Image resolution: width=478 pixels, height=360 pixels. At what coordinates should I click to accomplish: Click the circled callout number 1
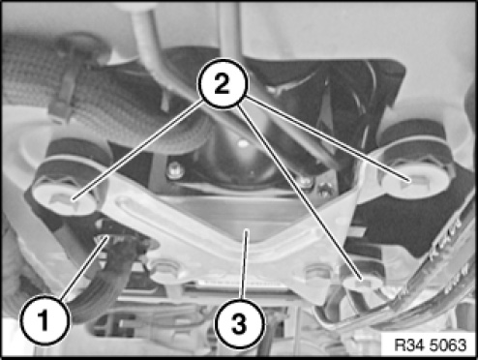(45, 319)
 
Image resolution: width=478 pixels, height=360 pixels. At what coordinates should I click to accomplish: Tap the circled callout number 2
(224, 83)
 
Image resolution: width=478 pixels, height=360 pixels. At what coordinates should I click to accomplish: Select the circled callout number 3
(240, 323)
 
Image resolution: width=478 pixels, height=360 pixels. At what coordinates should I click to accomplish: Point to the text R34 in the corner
(407, 345)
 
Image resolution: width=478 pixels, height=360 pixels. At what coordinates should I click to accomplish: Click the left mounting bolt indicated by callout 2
(65, 198)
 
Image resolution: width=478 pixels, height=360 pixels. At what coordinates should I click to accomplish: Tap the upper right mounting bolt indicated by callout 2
(414, 179)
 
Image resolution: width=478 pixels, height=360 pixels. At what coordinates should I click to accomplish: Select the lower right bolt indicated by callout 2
(362, 284)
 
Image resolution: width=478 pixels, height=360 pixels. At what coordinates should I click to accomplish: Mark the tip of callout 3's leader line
(247, 229)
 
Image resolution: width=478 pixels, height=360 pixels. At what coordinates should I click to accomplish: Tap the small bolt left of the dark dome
(175, 170)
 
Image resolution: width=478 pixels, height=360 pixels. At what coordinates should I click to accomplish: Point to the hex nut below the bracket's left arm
(166, 269)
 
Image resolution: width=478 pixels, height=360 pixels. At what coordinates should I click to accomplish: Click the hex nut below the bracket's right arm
(317, 271)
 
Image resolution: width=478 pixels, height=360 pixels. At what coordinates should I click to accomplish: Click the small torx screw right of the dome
(325, 190)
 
